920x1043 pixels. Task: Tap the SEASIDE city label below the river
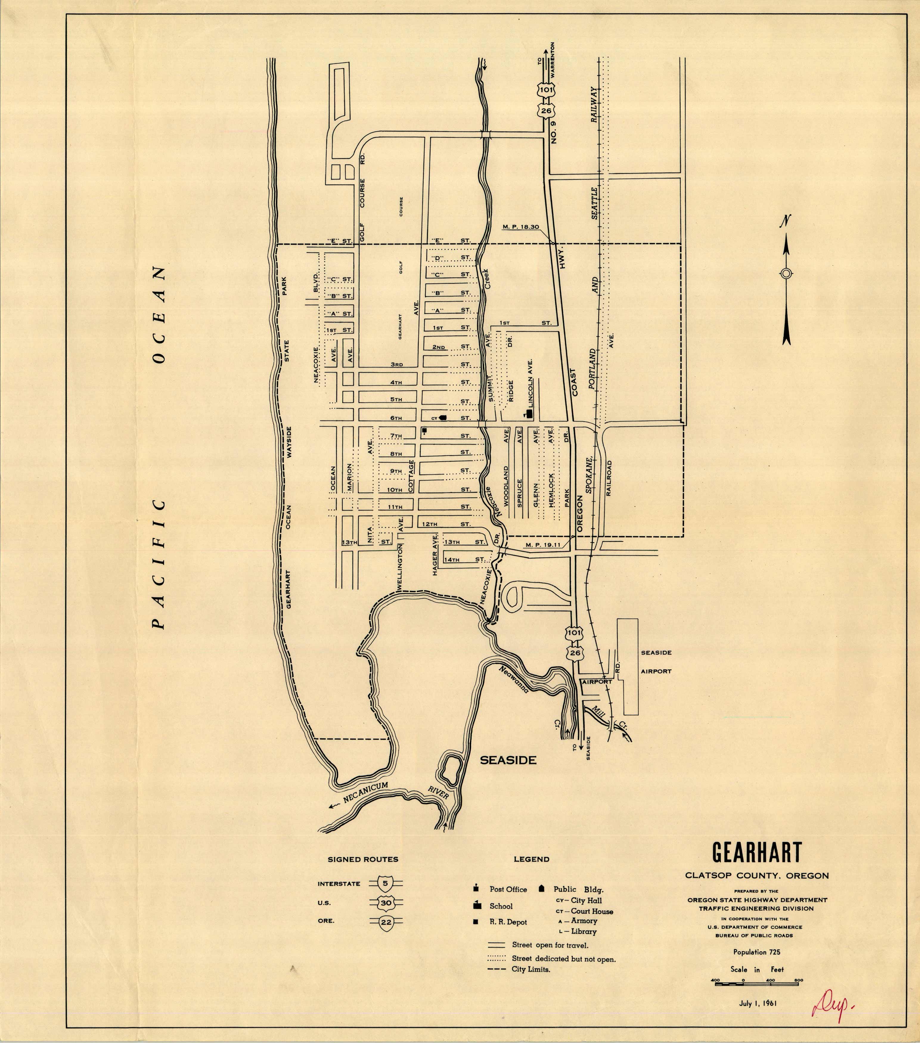[508, 760]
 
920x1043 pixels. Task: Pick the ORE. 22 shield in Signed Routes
[386, 921]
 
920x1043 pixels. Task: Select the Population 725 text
[757, 952]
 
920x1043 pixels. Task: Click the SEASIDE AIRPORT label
[656, 662]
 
